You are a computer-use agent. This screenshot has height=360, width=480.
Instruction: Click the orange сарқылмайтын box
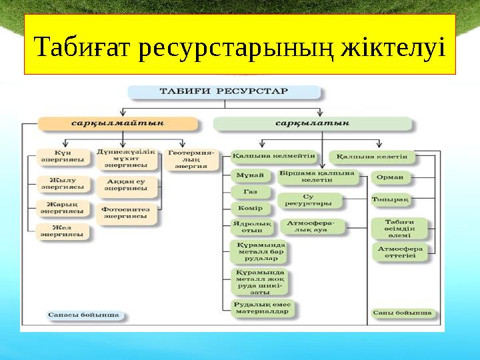[119, 123]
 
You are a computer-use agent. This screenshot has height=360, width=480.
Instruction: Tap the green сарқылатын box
[313, 123]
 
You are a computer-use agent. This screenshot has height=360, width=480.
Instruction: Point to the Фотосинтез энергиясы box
[127, 212]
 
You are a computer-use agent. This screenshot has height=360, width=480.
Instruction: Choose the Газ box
[250, 192]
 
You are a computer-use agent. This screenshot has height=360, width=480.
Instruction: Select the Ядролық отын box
[251, 227]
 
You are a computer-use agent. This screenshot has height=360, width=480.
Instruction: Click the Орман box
[391, 177]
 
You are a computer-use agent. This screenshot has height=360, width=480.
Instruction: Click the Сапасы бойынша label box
[83, 313]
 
